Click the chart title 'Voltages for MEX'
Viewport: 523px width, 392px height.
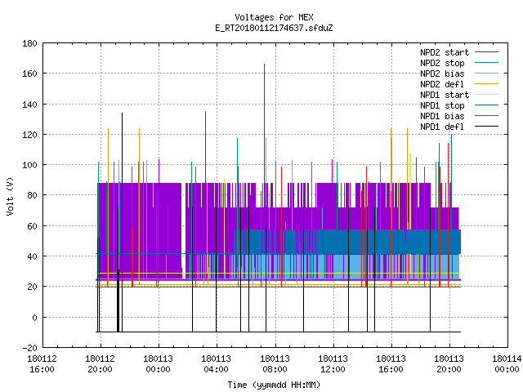274,17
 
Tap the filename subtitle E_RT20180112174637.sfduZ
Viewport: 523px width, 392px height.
274,28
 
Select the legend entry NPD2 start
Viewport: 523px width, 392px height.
459,52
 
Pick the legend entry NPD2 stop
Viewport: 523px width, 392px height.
459,63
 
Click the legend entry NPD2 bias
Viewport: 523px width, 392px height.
459,73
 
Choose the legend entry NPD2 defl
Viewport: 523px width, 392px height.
459,84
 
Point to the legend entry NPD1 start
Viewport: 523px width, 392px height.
459,95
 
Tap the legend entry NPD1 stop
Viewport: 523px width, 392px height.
459,105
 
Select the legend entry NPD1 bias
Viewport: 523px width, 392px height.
459,116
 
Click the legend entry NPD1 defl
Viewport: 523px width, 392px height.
459,127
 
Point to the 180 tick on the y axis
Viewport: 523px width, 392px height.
29,43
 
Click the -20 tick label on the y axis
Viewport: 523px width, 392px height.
29,348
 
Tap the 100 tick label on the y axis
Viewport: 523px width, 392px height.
29,165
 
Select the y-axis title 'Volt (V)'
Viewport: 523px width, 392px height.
10,196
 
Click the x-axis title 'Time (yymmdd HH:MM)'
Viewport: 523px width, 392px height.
274,385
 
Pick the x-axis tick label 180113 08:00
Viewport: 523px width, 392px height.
275,364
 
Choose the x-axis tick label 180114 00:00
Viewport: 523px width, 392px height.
507,364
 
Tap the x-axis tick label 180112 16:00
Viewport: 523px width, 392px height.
42,364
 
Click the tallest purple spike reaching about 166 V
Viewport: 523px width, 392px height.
265,123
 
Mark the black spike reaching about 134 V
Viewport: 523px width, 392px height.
122,222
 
